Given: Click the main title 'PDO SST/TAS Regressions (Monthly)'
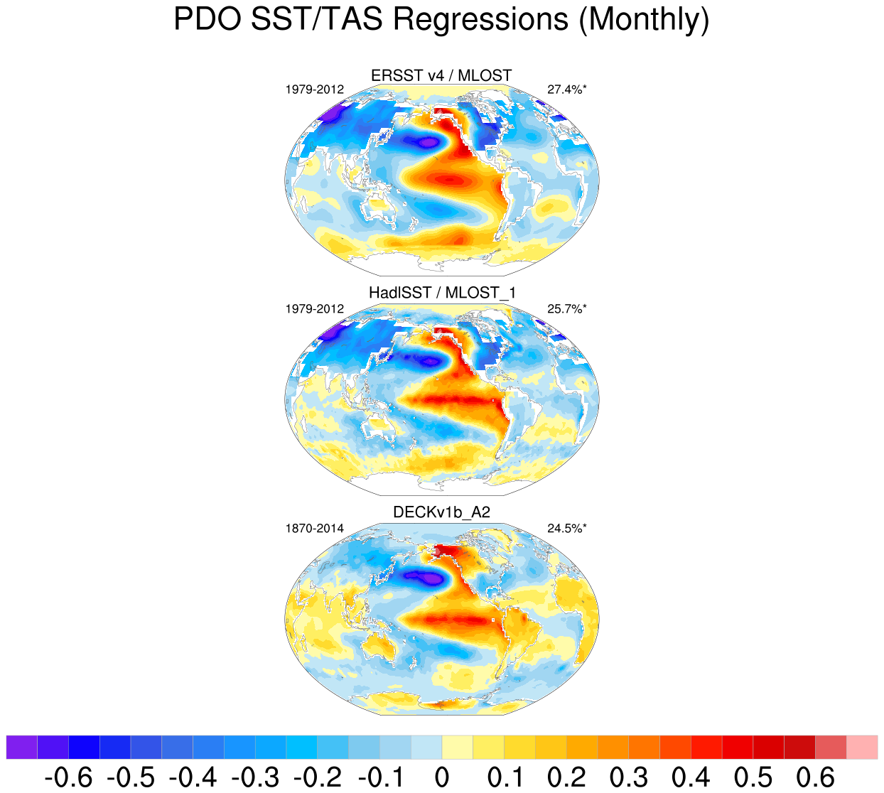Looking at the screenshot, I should pos(441,20).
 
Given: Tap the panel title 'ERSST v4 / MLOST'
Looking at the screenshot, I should pos(441,75).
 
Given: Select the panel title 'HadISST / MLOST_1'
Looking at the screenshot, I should pos(441,293).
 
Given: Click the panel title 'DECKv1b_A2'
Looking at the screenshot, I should pos(441,512).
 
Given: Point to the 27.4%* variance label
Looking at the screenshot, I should pos(567,90).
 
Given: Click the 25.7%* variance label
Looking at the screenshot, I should pos(567,309).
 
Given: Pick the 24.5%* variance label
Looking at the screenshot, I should pos(567,529).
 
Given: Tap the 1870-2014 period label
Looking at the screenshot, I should pos(315,529).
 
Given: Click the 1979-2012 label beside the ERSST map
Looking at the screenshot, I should pos(315,90).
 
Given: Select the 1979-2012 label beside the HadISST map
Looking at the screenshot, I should pos(315,309).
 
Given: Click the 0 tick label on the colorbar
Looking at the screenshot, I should pos(441,777).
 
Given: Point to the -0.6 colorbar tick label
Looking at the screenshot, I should pos(68,777).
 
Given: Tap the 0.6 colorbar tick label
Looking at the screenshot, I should pos(815,777).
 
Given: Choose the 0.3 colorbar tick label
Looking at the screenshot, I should pos(628,777).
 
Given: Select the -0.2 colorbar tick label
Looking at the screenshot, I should pos(317,777).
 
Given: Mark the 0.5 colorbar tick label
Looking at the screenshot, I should pos(753,777).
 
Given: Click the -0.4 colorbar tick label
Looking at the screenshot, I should pos(193,777).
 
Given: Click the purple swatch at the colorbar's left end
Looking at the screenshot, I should pos(21,748).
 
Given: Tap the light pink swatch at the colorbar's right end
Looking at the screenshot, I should pos(862,748).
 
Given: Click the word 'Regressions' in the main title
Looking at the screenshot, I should pos(481,20).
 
